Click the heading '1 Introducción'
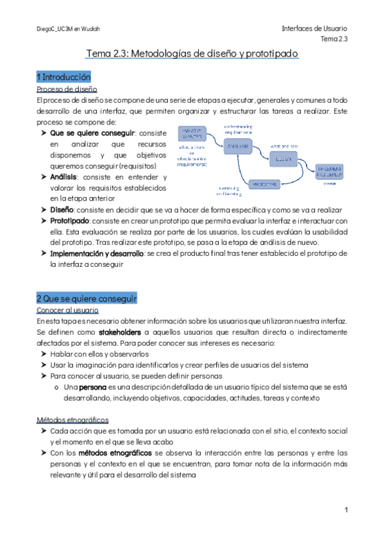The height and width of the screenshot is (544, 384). click(x=63, y=77)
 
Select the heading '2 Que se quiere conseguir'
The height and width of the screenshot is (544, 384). click(x=87, y=299)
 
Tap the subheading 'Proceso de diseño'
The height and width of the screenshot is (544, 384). click(x=67, y=89)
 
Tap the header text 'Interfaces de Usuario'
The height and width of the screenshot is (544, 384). click(x=314, y=29)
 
